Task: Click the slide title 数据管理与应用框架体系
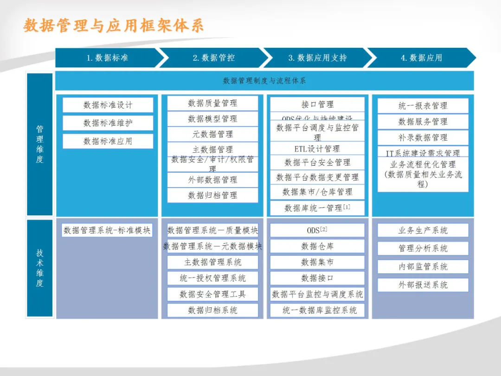point(113,26)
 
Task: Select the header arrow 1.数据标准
point(107,58)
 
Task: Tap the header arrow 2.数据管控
point(213,58)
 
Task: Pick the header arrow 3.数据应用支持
point(317,58)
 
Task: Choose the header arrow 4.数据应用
point(421,58)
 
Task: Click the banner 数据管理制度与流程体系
point(264,81)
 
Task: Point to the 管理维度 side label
point(40,144)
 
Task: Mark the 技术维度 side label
point(40,268)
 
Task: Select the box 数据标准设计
point(108,105)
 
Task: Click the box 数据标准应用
point(108,141)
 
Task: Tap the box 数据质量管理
point(212,103)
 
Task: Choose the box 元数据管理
point(212,134)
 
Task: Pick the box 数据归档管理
point(212,195)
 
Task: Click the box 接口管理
point(317,104)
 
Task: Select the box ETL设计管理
point(317,149)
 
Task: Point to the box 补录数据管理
point(423,137)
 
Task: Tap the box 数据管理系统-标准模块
point(107,230)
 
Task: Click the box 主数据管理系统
point(212,262)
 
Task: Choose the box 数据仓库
point(317,246)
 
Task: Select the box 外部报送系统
point(423,285)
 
